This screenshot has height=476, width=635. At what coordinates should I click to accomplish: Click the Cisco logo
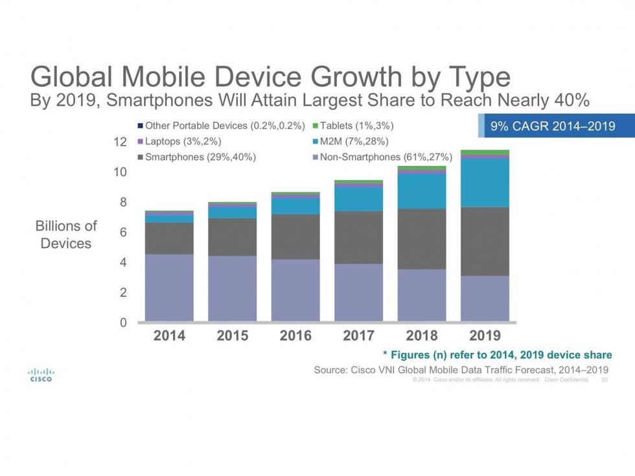coord(41,375)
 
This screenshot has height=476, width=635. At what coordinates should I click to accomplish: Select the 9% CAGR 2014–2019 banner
coord(553,126)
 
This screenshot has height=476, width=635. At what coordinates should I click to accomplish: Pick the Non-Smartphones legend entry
coord(382,157)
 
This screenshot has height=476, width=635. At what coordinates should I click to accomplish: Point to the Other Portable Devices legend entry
coord(221,125)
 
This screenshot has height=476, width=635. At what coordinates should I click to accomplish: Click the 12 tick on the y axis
coord(121,142)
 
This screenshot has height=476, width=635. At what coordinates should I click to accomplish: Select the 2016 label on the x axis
coord(295,336)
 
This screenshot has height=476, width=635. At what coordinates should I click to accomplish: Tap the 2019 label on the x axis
coord(485,336)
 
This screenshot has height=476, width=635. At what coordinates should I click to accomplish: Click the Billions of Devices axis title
coord(65,234)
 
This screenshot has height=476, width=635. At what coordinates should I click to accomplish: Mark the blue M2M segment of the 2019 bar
coord(485,183)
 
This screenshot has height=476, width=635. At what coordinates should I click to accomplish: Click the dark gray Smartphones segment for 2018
coord(421,238)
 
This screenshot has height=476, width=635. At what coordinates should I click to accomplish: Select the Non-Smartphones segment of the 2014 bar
coord(169,288)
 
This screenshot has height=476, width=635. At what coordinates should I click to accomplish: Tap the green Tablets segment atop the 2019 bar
coord(485,152)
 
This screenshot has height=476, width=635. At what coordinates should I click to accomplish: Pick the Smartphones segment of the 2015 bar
coord(232,236)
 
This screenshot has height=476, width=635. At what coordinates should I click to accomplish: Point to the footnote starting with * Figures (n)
coord(497,355)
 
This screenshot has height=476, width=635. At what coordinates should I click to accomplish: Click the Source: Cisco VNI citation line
coord(461,369)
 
